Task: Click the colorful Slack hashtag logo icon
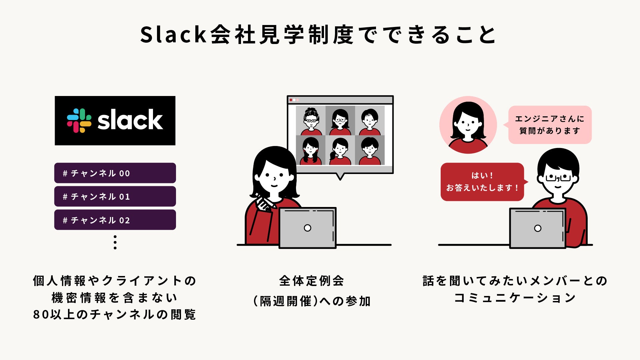[79, 120]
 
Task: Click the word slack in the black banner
[130, 120]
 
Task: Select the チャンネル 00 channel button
[115, 173]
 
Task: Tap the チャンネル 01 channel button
[115, 196]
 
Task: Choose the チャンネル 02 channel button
[115, 220]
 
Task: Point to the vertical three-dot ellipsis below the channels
[115, 242]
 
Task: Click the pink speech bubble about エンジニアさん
[550, 125]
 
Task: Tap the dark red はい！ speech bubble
[482, 182]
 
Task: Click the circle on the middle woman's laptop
[307, 228]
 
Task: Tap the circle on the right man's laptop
[537, 228]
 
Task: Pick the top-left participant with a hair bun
[311, 120]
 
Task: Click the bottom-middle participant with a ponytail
[340, 150]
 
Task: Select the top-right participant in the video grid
[369, 120]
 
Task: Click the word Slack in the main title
[174, 35]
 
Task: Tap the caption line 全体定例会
[311, 281]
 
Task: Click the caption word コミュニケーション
[515, 298]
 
